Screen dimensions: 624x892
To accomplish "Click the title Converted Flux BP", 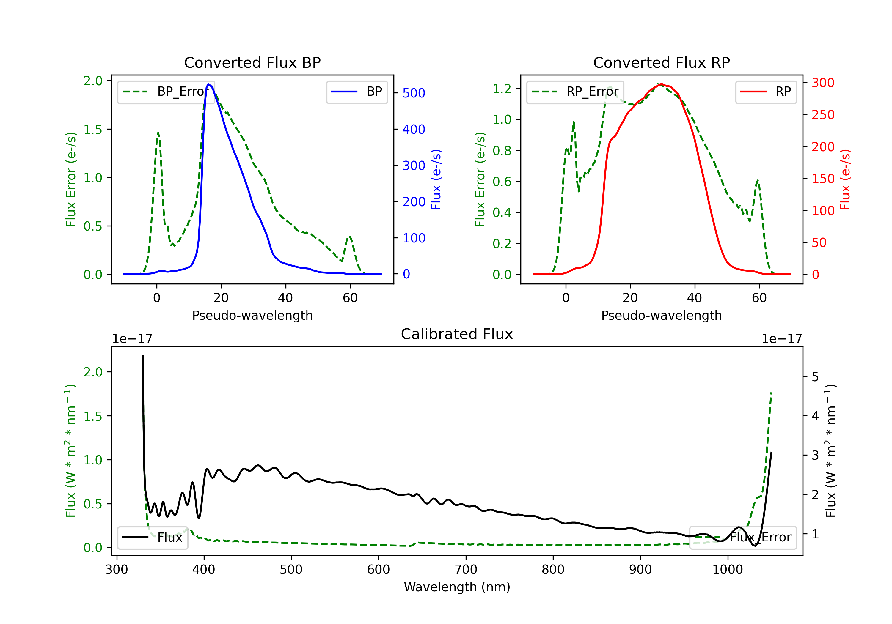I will click(x=252, y=62).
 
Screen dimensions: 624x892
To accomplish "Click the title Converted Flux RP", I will click(x=661, y=62).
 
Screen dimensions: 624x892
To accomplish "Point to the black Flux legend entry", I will click(x=153, y=538).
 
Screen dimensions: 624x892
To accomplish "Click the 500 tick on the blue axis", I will click(x=414, y=93).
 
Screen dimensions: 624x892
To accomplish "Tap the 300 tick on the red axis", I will click(x=823, y=83).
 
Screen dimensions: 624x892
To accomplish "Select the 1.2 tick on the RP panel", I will click(x=502, y=89).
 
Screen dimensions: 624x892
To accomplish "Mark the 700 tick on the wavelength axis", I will click(x=466, y=570).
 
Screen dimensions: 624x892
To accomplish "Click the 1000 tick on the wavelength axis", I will click(x=727, y=570).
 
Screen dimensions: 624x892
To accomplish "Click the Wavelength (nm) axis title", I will click(x=457, y=587).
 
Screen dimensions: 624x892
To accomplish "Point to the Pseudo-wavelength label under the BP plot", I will click(x=252, y=315).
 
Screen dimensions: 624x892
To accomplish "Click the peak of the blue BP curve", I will click(x=209, y=84).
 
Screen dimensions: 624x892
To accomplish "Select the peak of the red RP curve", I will click(x=661, y=84).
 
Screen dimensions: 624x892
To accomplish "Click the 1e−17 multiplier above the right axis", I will click(x=782, y=339).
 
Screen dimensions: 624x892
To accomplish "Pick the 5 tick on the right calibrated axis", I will click(x=815, y=377).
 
